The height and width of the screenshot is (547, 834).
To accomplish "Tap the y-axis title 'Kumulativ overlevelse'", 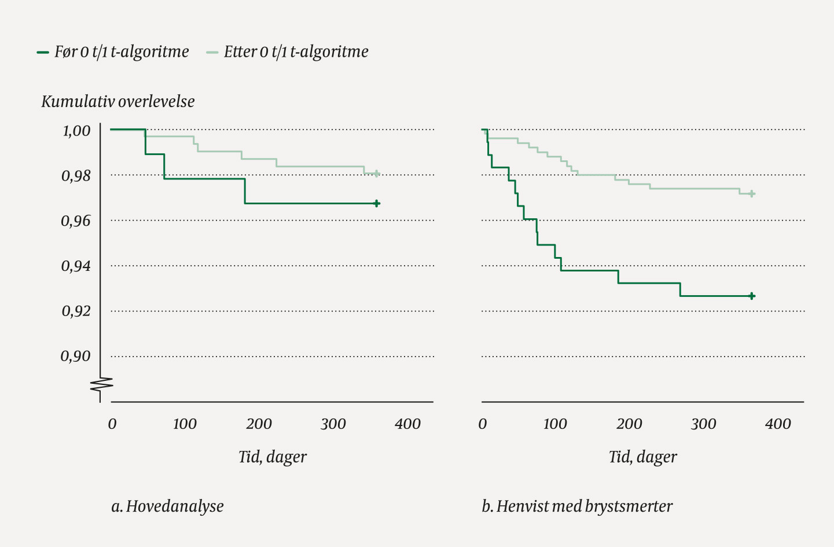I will [x=118, y=102].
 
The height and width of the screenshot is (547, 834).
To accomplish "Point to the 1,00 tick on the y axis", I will [x=76, y=131].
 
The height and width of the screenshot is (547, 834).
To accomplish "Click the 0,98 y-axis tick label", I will [x=76, y=176].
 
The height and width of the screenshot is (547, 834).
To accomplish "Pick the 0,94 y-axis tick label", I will [x=76, y=266].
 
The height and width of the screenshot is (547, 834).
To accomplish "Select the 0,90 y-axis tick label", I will [x=76, y=357].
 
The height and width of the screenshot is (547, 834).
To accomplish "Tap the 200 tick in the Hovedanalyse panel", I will [x=259, y=424].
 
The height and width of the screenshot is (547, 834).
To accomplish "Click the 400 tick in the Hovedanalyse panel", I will [x=407, y=424].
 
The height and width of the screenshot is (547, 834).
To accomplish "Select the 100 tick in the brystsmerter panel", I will [x=555, y=424].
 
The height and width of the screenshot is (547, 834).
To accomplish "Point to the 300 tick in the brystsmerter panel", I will [x=704, y=424].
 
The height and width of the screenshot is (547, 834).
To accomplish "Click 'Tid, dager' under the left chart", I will [x=273, y=457].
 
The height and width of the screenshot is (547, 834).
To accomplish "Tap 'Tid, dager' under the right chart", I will [x=643, y=457].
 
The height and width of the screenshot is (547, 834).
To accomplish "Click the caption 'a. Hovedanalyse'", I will [x=167, y=506].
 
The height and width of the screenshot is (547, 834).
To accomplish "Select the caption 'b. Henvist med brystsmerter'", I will [x=577, y=506].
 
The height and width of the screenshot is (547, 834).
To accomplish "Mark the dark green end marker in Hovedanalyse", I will [x=377, y=204].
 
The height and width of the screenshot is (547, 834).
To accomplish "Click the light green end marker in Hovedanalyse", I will [x=377, y=174].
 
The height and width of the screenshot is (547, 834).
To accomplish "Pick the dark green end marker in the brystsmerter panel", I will [x=752, y=296].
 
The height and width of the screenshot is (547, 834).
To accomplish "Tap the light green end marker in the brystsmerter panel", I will [x=752, y=194].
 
